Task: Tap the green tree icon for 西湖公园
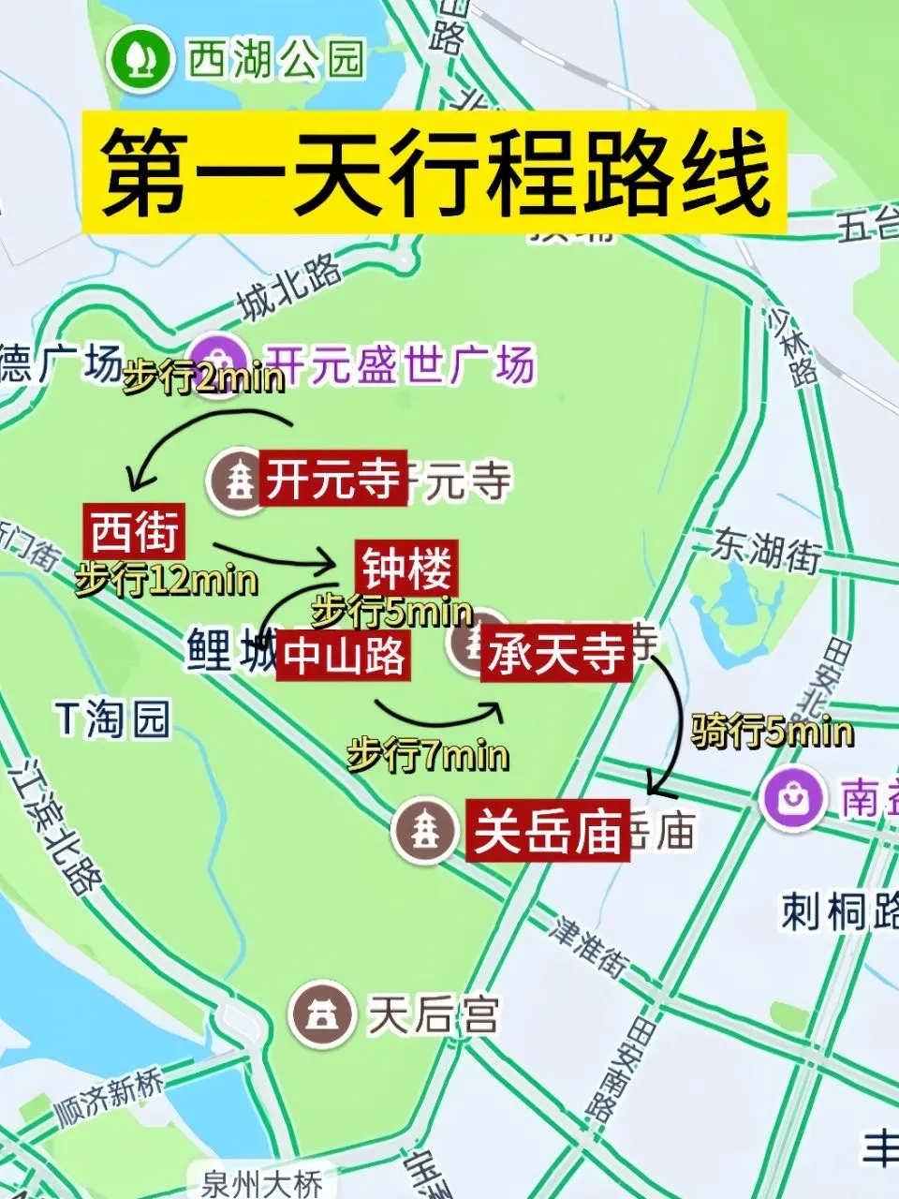(141, 59)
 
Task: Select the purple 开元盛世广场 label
(400, 363)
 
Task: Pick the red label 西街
(134, 531)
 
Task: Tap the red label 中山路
(344, 656)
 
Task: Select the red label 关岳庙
(547, 830)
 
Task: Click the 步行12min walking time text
(166, 581)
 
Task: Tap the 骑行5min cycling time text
(772, 731)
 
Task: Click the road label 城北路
(289, 287)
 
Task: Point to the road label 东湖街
(767, 547)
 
